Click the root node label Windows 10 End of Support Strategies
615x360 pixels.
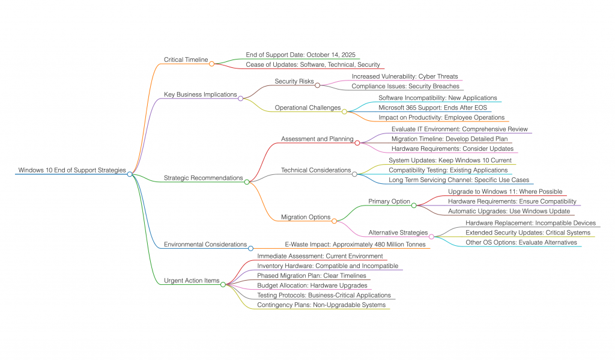pos(72,170)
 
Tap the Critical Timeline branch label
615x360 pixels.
pos(186,59)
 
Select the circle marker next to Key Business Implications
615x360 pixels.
pos(241,98)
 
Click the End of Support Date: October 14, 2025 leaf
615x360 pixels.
pos(300,55)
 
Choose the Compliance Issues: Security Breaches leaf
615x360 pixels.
pos(405,86)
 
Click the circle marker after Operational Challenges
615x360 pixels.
pos(344,111)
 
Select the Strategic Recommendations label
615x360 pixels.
pos(203,178)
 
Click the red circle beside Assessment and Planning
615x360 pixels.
pos(357,142)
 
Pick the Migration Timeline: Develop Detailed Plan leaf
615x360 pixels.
pos(449,139)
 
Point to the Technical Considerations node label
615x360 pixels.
pos(316,170)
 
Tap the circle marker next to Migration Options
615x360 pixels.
pos(335,221)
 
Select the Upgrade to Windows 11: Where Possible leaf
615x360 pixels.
pos(505,192)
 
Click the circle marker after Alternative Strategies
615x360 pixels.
pos(431,236)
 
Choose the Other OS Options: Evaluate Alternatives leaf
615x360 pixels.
pos(521,242)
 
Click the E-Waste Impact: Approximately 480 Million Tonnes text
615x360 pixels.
pos(355,245)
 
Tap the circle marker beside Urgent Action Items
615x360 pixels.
pos(223,284)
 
